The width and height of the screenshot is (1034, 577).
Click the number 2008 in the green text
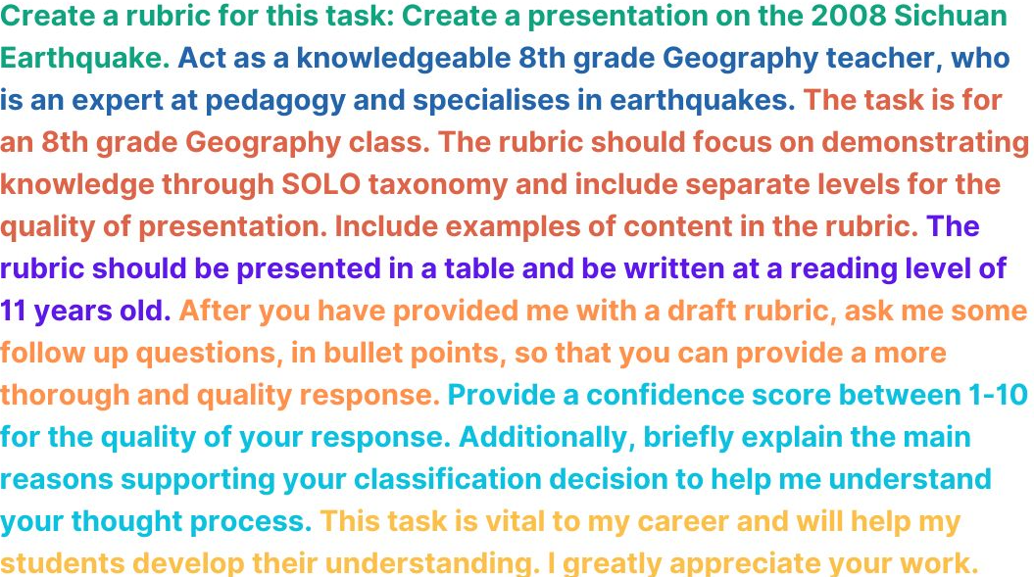(835, 16)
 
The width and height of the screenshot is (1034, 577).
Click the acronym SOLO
(321, 184)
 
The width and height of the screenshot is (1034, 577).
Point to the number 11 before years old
(13, 312)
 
